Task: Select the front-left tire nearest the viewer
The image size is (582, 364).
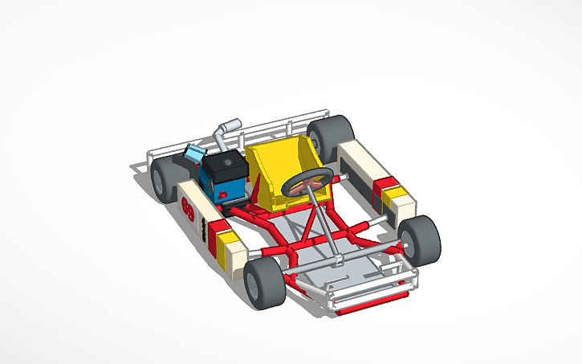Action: (x=264, y=283)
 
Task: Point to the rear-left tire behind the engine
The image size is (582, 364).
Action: (x=164, y=178)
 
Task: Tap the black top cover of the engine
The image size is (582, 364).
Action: (x=224, y=165)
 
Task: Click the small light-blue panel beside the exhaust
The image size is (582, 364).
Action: (x=194, y=152)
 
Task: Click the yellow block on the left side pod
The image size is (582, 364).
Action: (x=226, y=241)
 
